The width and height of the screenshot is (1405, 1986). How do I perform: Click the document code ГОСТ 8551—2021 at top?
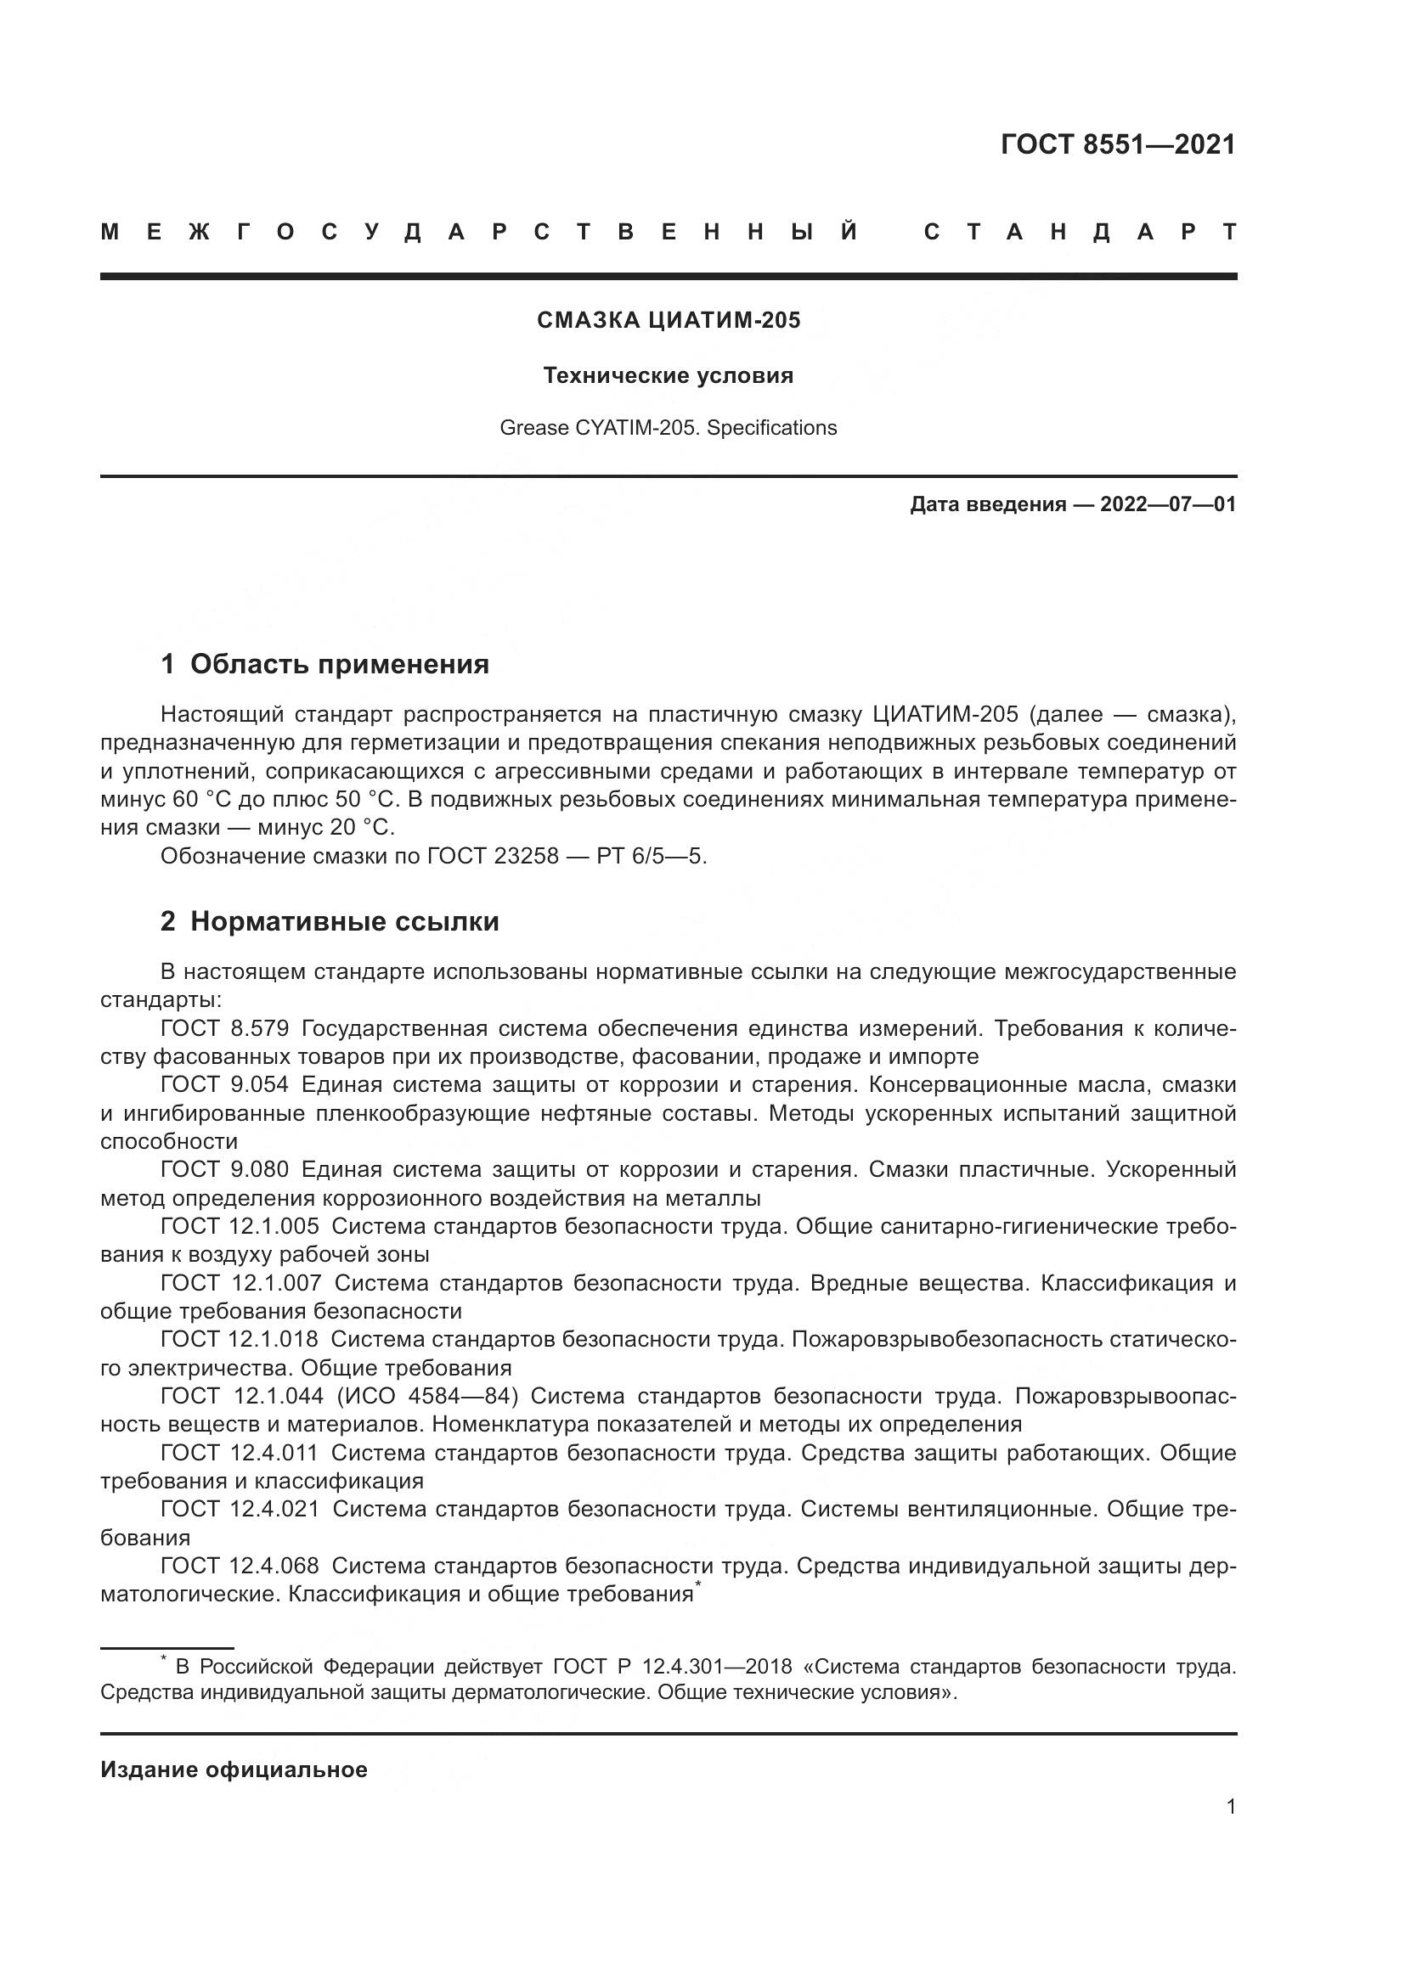tap(1118, 144)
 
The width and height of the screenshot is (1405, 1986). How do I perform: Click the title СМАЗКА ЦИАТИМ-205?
tap(669, 320)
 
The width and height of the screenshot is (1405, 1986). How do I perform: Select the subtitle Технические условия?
tap(668, 375)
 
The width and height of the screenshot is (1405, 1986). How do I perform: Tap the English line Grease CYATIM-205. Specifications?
tap(668, 427)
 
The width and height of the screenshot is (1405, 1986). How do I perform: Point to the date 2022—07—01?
tap(1167, 504)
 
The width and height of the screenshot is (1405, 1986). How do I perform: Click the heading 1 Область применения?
tap(324, 664)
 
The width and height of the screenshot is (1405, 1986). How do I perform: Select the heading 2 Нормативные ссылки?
tap(330, 922)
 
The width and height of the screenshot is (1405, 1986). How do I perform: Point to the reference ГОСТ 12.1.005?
tap(240, 1226)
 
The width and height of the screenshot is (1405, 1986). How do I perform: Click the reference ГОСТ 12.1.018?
tap(240, 1339)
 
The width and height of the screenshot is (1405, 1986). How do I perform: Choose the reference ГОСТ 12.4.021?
tap(240, 1509)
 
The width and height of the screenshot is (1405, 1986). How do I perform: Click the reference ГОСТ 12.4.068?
tap(240, 1566)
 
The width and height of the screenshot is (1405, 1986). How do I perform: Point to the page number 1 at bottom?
tap(1231, 1807)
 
